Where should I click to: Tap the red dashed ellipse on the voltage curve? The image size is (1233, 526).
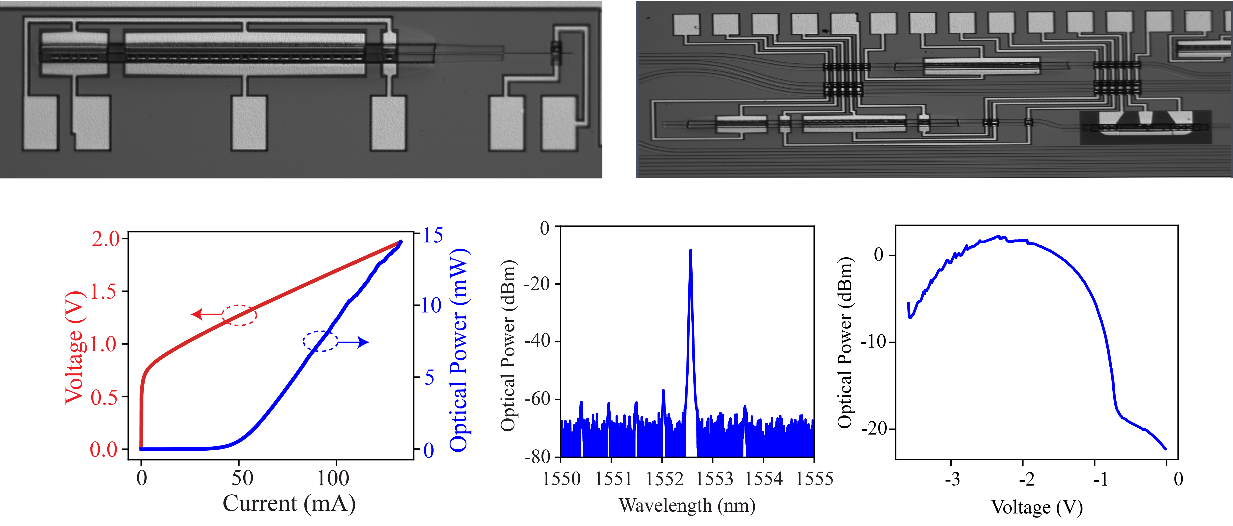239,315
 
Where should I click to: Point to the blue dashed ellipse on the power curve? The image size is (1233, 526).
320,341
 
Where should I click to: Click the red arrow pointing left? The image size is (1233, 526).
206,314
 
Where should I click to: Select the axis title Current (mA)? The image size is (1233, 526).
289,504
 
